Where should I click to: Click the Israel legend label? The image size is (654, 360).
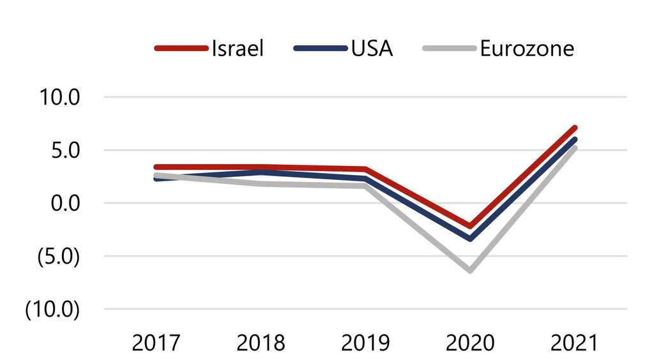point(238,49)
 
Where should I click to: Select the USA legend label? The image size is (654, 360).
point(372,49)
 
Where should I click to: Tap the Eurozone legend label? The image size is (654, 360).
point(527,49)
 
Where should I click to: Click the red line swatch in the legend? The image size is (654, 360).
point(181,49)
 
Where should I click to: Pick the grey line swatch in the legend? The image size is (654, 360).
point(450,49)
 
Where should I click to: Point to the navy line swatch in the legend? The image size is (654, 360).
point(320,49)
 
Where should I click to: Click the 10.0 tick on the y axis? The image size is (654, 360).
point(59,98)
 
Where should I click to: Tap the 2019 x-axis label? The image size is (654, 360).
point(366,343)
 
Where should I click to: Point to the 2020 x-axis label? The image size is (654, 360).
point(471,343)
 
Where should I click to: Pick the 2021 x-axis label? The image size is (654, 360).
point(575,343)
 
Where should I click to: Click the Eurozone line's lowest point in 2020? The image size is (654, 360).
point(471,270)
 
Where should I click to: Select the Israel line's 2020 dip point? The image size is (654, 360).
point(471,226)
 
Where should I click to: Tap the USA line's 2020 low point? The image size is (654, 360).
point(471,238)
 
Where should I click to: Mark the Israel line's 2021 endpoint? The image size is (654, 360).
point(574,128)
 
